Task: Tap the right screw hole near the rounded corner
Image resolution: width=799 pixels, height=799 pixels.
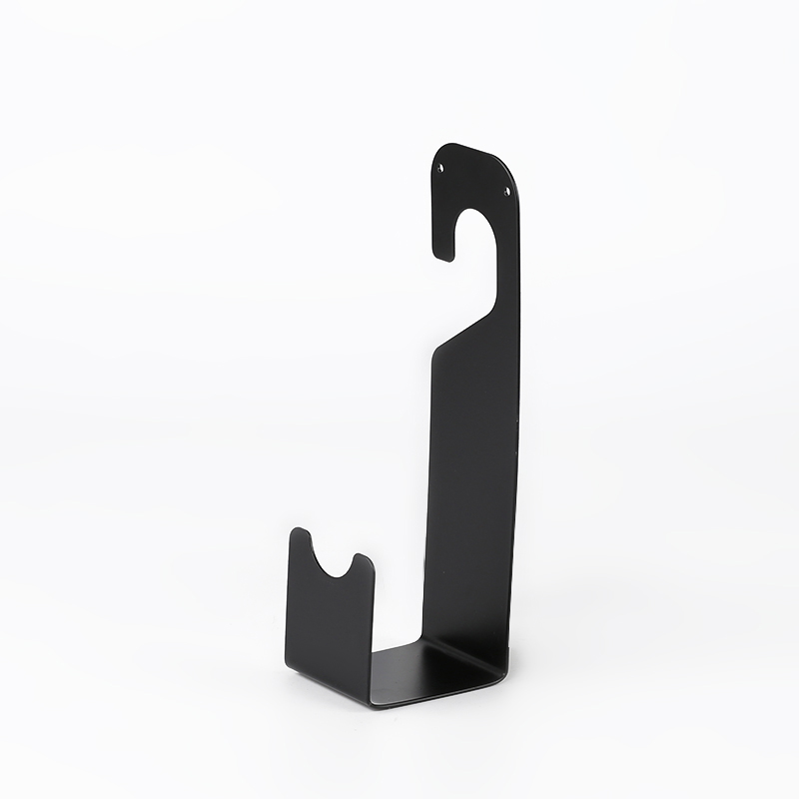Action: (506, 190)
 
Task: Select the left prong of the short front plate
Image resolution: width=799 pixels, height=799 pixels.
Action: (301, 544)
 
